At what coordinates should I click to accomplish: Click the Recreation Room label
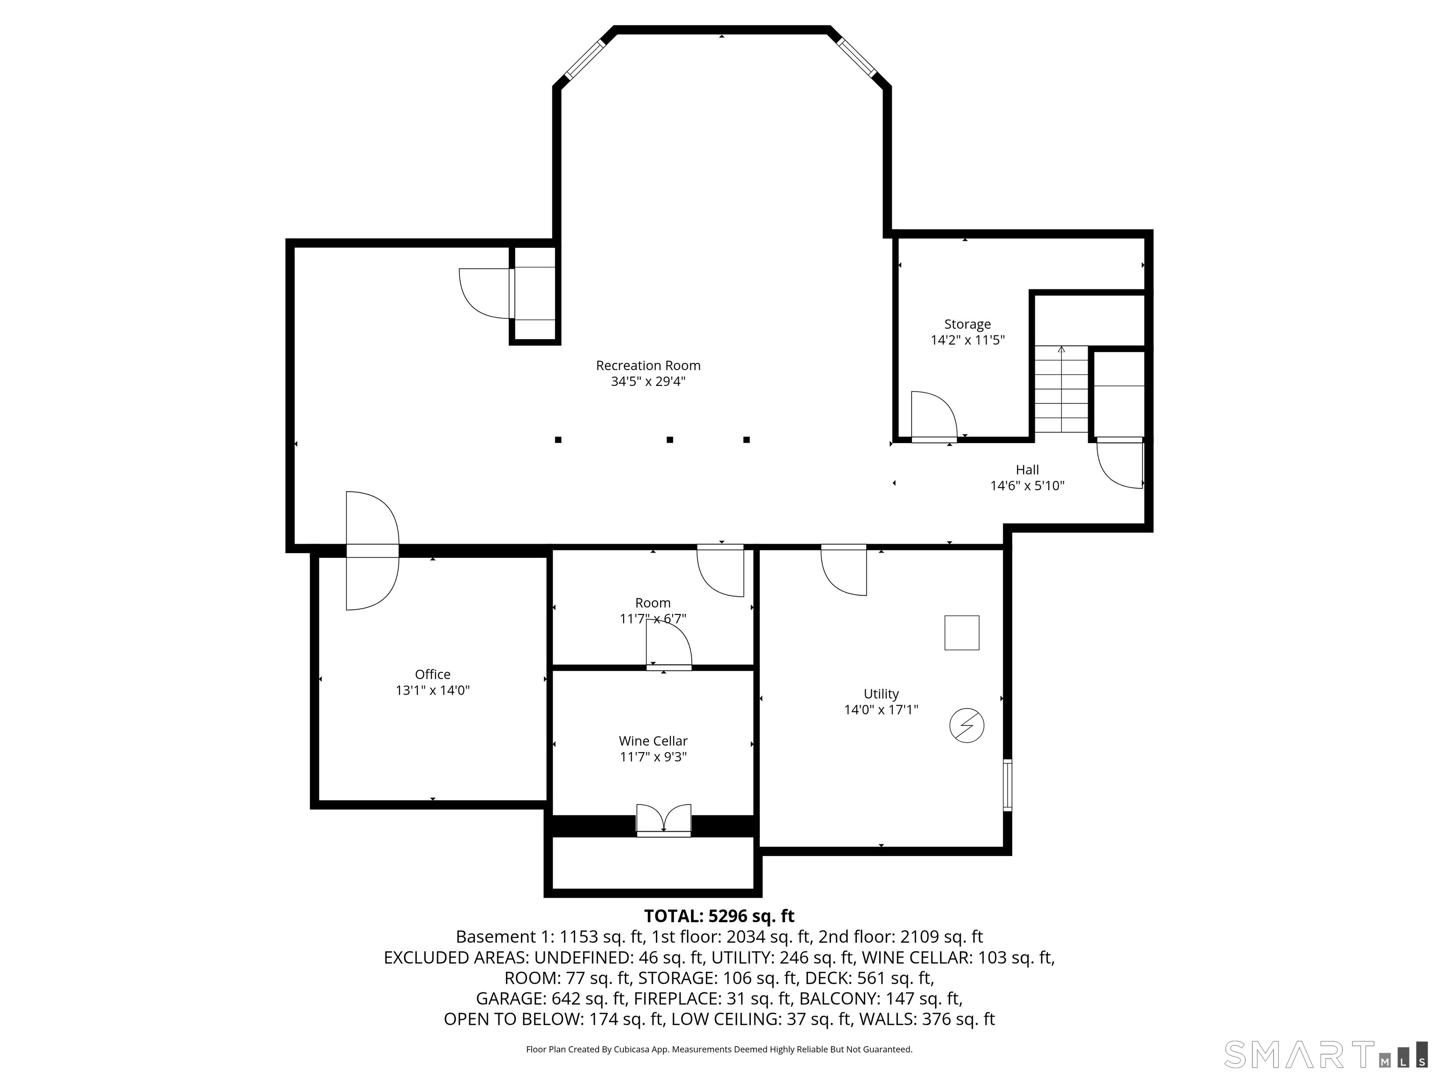648,365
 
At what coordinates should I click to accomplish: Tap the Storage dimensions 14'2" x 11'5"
967,340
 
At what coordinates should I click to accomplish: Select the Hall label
1027,470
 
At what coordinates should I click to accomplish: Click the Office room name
433,674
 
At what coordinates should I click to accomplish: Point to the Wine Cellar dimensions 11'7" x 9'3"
653,756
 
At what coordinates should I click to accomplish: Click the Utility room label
881,694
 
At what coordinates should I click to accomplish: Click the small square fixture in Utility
962,632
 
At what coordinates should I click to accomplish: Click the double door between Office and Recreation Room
371,550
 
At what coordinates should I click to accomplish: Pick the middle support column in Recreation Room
669,440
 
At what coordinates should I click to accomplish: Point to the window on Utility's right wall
1007,784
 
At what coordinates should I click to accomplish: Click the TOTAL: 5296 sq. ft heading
719,916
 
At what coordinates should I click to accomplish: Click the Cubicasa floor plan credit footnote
719,1049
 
